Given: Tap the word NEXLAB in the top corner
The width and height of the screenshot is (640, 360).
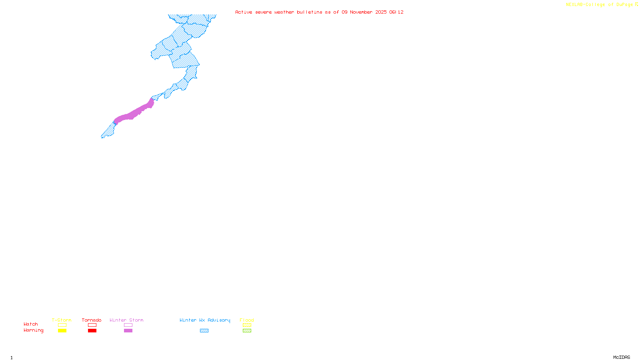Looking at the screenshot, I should tap(574, 5).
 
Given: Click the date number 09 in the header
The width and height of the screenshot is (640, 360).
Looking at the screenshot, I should tap(344, 12).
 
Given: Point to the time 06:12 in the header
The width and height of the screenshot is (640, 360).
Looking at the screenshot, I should tap(396, 12).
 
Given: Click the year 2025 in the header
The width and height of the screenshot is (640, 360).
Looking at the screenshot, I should tap(381, 12).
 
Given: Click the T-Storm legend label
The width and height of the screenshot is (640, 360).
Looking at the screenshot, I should tap(62, 320).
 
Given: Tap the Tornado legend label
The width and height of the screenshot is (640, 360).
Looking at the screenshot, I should tap(92, 320).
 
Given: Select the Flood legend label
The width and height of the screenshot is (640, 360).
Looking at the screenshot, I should tap(247, 320).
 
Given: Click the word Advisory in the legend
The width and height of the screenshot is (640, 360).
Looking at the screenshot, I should tap(219, 320).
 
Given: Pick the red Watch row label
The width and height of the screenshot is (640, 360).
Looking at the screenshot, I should tap(31, 324).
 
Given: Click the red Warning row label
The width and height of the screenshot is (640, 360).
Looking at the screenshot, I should tap(33, 330).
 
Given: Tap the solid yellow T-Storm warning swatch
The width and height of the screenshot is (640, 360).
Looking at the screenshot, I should tap(62, 331).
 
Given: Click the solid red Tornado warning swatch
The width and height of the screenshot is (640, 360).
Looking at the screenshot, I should tap(92, 331).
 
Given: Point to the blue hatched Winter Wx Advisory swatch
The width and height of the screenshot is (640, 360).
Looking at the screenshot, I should tap(204, 331).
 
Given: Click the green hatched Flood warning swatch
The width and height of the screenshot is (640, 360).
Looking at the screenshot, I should tap(247, 331).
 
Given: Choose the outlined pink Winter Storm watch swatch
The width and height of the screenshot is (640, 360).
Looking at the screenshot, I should tap(128, 325).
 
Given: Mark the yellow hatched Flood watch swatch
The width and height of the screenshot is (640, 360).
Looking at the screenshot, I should tap(247, 325).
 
